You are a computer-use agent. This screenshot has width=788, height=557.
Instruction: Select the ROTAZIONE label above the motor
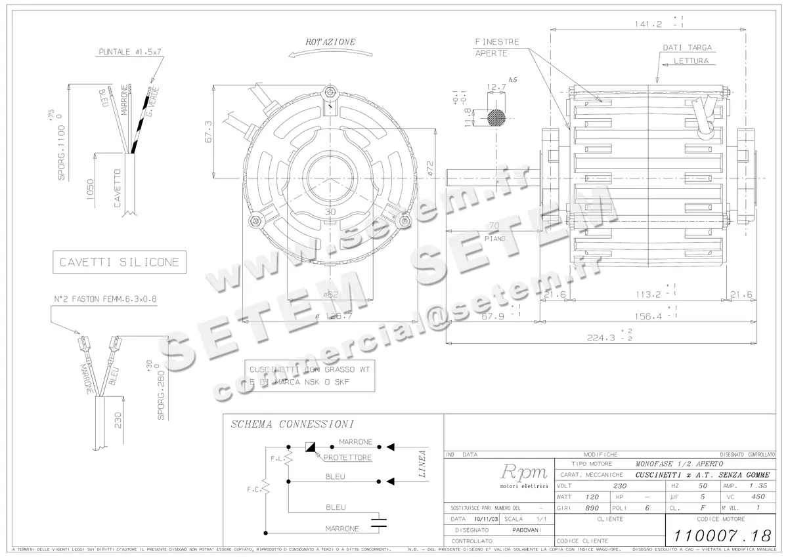click(x=330, y=42)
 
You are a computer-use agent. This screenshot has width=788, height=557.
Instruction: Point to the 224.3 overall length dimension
click(x=604, y=338)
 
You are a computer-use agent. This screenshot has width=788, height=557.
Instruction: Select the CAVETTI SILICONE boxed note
click(x=119, y=262)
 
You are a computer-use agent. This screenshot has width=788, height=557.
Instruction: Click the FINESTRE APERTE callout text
click(x=497, y=47)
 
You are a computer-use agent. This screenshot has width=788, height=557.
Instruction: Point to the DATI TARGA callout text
click(x=687, y=48)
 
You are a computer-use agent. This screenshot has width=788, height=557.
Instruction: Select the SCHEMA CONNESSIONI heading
click(x=293, y=424)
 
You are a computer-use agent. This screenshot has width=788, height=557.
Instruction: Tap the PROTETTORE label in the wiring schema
click(x=347, y=457)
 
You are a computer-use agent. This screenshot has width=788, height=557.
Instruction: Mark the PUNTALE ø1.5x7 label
click(x=131, y=52)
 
